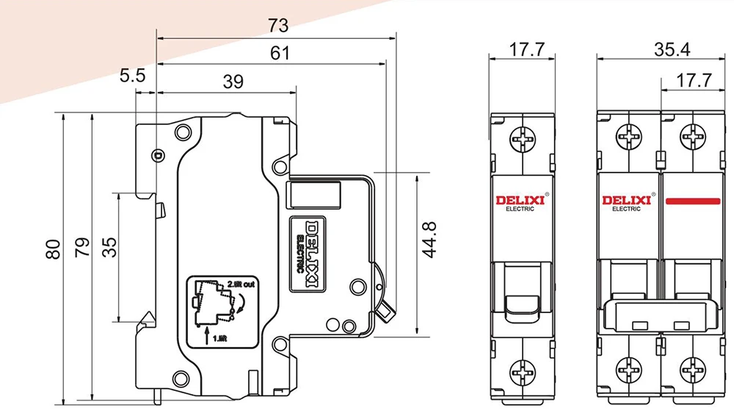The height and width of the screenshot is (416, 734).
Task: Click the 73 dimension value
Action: [x=278, y=25]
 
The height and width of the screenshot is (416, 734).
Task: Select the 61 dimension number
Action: [x=280, y=54]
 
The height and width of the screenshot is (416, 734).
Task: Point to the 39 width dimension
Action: [x=233, y=82]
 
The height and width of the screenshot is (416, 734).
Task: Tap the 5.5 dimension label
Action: [x=132, y=75]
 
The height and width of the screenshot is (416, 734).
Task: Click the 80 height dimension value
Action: [x=54, y=249]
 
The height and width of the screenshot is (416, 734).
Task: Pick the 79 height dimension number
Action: [x=82, y=247]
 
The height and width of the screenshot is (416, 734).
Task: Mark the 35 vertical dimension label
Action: [x=109, y=247]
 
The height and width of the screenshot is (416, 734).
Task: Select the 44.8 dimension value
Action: [x=429, y=240]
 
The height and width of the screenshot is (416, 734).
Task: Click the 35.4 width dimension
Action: [x=672, y=49]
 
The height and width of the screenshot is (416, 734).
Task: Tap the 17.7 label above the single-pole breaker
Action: [x=526, y=49]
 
